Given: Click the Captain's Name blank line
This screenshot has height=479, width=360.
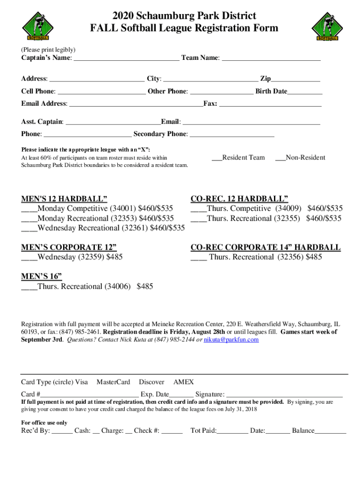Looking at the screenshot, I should coord(126,59).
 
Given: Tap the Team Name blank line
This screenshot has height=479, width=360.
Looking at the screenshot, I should coord(271,59).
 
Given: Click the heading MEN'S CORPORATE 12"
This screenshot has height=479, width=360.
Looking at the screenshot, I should coord(69,247).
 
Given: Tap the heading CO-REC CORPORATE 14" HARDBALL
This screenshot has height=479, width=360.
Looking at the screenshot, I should coord(265,247).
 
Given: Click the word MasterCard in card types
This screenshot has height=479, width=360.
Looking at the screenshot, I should coord(113,382).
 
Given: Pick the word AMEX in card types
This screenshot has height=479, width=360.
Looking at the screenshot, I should coord(183,382).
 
